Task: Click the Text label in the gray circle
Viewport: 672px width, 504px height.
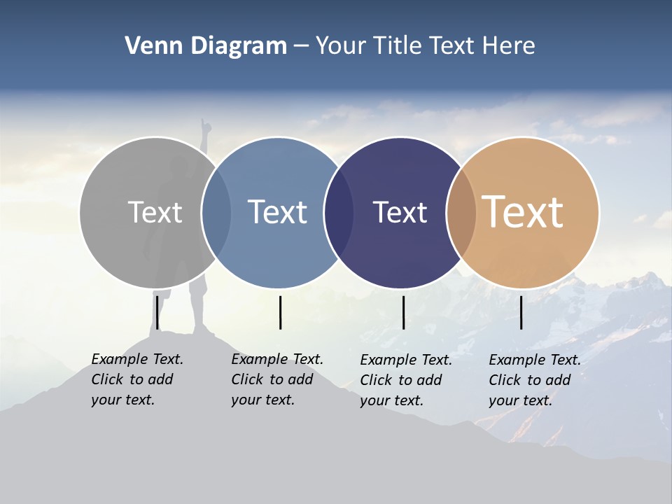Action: point(155,212)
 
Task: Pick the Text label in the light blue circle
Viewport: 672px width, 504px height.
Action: point(278,212)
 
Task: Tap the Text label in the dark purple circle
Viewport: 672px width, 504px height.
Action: point(400,212)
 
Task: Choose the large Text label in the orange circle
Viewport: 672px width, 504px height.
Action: point(523,212)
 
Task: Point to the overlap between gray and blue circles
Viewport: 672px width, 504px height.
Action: point(216,212)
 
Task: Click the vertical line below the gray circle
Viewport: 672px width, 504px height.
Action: point(157,312)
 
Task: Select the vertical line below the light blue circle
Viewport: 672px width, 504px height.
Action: point(281,312)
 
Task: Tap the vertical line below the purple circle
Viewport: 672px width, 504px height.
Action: point(404,312)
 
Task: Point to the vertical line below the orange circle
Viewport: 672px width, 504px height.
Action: point(521,312)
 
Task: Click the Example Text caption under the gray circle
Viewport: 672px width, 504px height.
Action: point(136,379)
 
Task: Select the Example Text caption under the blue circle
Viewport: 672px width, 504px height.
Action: point(276,379)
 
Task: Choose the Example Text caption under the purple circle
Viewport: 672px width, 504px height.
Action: point(405,380)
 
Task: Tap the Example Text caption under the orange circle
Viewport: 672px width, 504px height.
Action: point(534,380)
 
